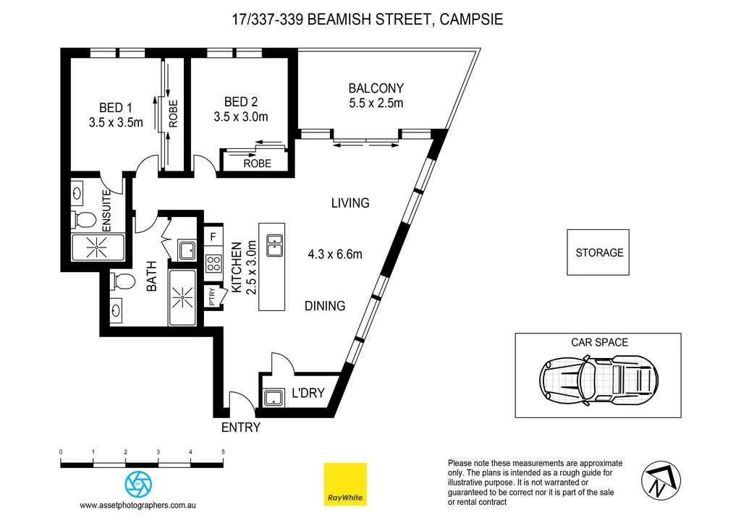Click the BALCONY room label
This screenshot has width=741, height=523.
click(376, 88)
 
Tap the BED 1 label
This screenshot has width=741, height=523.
click(116, 109)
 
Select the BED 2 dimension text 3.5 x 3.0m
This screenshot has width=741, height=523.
click(241, 116)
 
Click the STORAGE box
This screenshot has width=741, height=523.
click(598, 252)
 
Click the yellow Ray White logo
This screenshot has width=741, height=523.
click(345, 484)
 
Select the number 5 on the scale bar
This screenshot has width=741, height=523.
click(223, 452)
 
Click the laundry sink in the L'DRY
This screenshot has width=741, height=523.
click(274, 397)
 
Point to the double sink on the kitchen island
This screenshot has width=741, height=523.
click(274, 245)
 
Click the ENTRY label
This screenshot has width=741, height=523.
click(240, 428)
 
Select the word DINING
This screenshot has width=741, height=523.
click(324, 306)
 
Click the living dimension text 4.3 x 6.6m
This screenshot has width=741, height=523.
click(334, 254)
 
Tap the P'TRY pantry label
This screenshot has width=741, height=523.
click(213, 297)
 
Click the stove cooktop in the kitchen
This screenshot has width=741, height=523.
click(213, 262)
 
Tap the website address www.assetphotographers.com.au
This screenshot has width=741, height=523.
click(138, 505)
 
